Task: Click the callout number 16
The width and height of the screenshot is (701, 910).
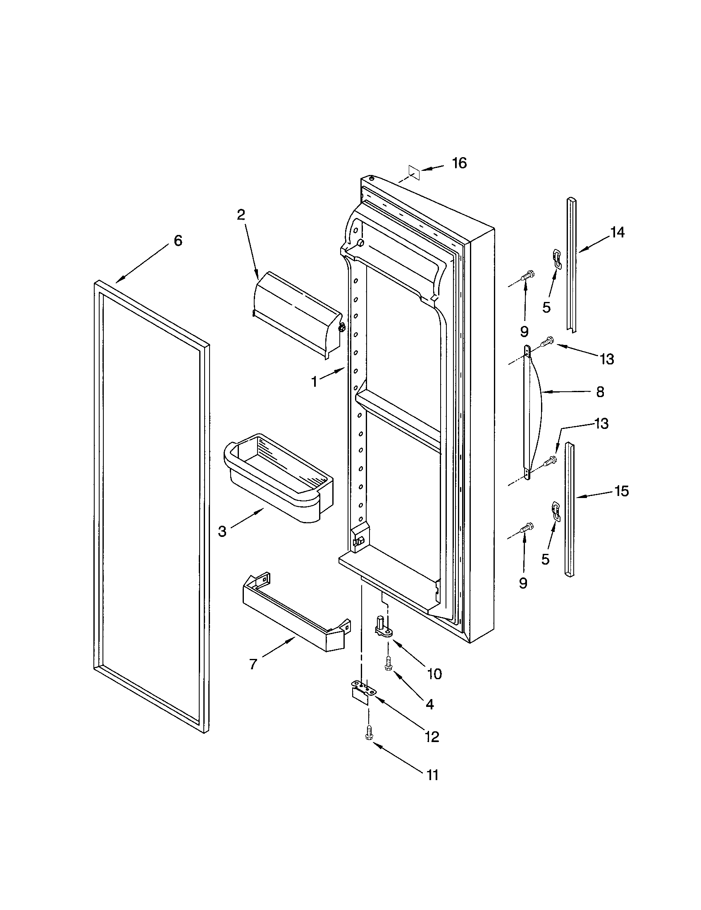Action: (460, 163)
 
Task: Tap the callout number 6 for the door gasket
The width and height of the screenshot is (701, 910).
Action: (178, 240)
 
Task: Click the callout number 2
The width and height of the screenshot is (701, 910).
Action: (241, 215)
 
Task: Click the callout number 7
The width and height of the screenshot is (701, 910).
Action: (253, 664)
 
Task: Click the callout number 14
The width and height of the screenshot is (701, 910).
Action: (618, 232)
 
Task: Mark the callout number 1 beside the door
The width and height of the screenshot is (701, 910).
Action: (315, 381)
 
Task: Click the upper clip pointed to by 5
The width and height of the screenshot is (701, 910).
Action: (557, 259)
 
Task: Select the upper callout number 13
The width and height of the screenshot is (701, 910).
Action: (607, 359)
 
